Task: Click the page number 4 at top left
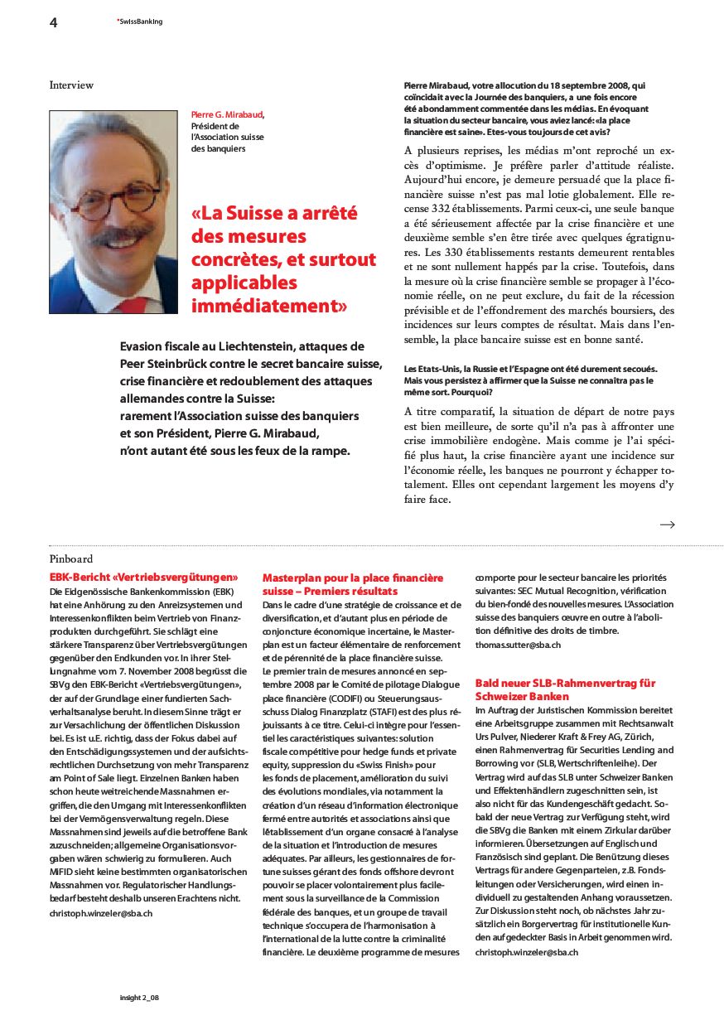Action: (53, 22)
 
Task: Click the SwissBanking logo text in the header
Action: (140, 22)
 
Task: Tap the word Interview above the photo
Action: (71, 85)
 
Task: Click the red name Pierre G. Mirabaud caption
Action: (228, 114)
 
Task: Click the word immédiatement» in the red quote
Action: (268, 306)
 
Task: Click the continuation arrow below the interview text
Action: (667, 525)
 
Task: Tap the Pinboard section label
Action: (71, 559)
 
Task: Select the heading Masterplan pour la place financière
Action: (353, 578)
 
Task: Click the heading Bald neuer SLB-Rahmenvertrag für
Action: (565, 683)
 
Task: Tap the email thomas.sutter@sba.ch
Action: (518, 645)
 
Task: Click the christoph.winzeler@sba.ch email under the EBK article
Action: (101, 912)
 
